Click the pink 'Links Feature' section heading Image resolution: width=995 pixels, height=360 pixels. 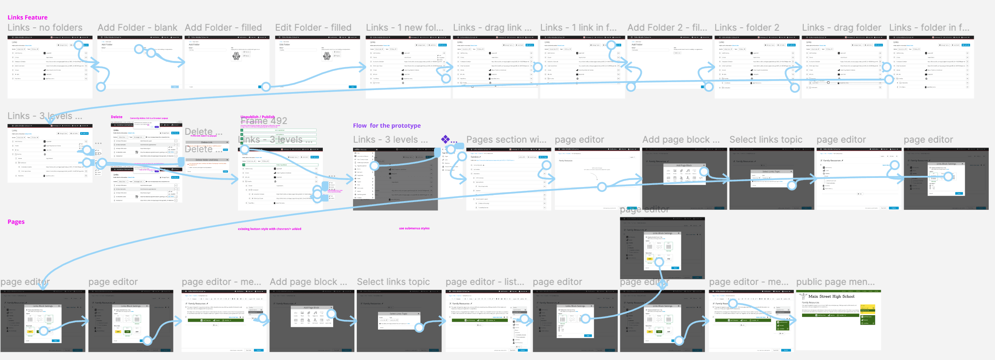pyautogui.click(x=27, y=17)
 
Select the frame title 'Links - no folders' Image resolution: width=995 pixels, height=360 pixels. pyautogui.click(x=45, y=28)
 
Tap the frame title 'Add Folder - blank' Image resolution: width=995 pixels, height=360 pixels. pyautogui.click(x=137, y=28)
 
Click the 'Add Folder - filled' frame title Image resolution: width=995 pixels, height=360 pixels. pyautogui.click(x=223, y=28)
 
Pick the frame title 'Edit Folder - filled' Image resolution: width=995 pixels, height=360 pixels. pyautogui.click(x=313, y=28)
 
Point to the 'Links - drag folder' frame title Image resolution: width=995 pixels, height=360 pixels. pyautogui.click(x=841, y=28)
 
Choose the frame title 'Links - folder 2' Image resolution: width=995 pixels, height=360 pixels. pyautogui.click(x=747, y=28)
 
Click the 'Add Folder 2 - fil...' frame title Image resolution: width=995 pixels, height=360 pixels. pyautogui.click(x=667, y=28)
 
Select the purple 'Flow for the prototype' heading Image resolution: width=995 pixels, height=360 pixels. pyautogui.click(x=387, y=126)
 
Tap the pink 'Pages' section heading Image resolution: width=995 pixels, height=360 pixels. pyautogui.click(x=16, y=222)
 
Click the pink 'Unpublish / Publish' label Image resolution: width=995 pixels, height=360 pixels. pyautogui.click(x=258, y=117)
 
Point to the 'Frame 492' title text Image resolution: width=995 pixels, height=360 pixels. pyautogui.click(x=264, y=121)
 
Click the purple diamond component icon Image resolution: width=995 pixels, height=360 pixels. pyautogui.click(x=445, y=139)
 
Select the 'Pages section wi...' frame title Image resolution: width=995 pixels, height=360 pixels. pyautogui.click(x=506, y=140)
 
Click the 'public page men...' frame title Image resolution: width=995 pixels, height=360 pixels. pyautogui.click(x=835, y=282)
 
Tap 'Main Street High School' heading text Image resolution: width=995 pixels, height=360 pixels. pyautogui.click(x=831, y=297)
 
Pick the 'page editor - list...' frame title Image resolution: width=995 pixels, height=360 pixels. pyautogui.click(x=485, y=282)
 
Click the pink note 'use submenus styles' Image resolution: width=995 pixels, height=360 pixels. pyautogui.click(x=414, y=229)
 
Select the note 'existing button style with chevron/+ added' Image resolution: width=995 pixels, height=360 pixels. pyautogui.click(x=269, y=229)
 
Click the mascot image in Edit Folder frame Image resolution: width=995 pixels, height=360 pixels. pyautogui.click(x=327, y=56)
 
